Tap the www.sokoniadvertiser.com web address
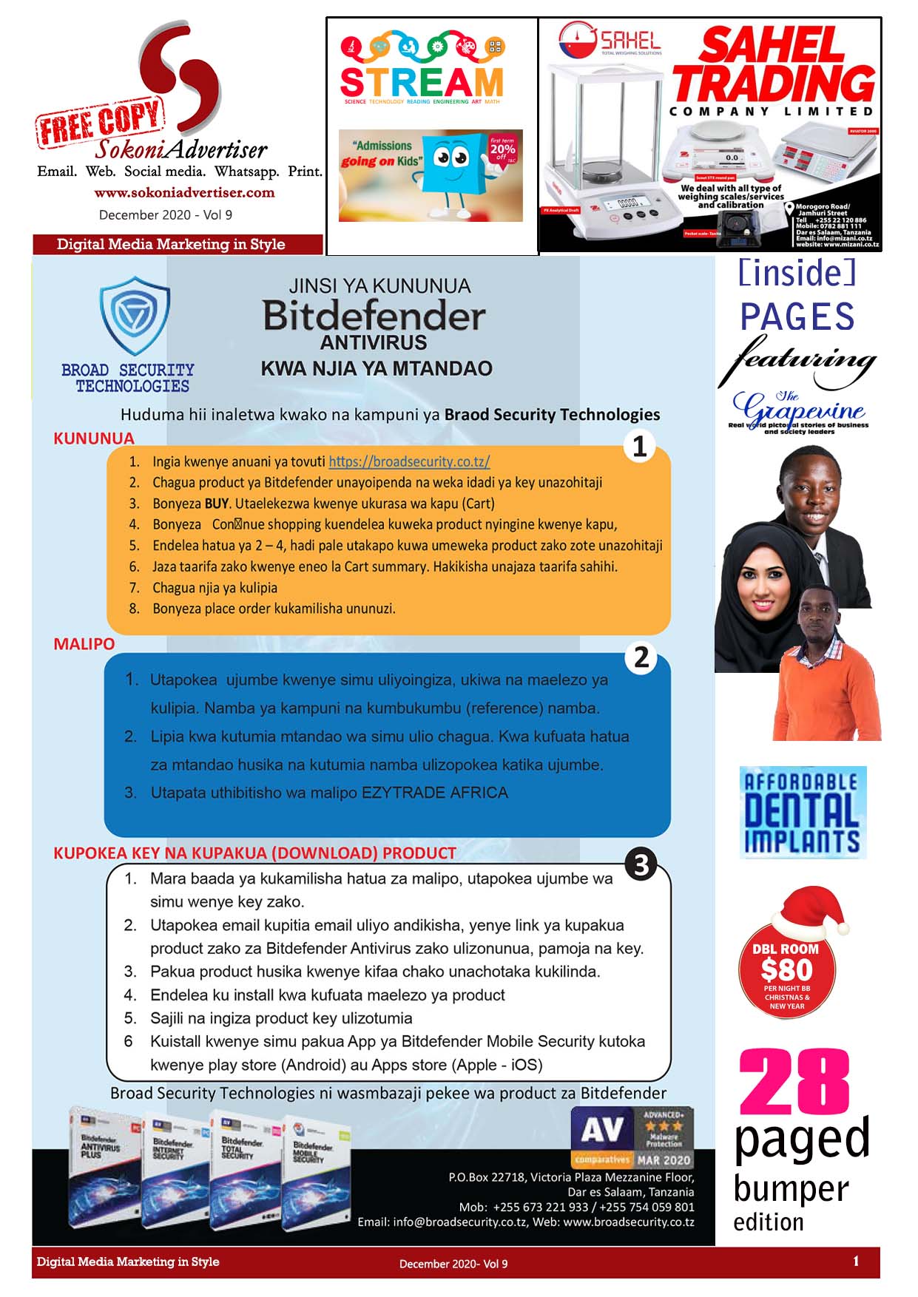[x=184, y=193]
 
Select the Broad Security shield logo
[x=135, y=316]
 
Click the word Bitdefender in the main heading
[x=374, y=316]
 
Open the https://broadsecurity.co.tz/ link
[x=409, y=461]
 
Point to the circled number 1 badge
[x=640, y=447]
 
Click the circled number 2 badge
[x=641, y=657]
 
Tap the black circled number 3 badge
[x=641, y=864]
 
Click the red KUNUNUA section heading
[x=94, y=438]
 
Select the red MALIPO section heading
[x=84, y=644]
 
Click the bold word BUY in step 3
[x=217, y=504]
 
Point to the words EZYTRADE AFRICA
[x=434, y=793]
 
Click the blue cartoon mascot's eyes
[x=450, y=158]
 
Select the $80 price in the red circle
[x=786, y=969]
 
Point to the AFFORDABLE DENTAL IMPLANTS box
[x=803, y=812]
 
